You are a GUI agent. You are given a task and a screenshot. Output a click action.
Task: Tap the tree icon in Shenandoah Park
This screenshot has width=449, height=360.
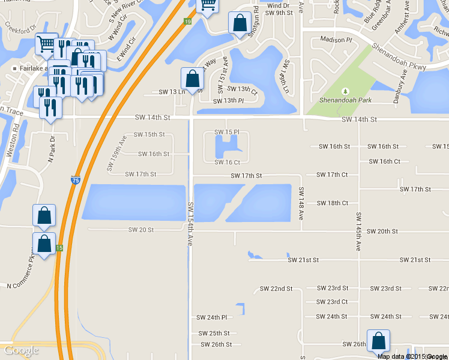click(345, 91)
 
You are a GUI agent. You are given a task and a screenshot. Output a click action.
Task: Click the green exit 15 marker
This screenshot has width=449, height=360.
click(59, 248)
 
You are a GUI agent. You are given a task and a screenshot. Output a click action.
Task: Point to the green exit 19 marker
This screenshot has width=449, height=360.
click(188, 22)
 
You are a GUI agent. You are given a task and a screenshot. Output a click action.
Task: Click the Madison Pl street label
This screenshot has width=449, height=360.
click(336, 40)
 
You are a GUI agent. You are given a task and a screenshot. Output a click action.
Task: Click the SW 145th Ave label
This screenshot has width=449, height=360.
click(358, 231)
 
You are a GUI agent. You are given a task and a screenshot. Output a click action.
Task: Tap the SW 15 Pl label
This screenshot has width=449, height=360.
click(228, 131)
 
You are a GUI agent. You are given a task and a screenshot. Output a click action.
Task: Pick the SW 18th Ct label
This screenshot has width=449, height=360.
click(333, 203)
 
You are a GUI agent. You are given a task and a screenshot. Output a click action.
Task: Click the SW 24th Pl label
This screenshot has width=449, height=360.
click(212, 317)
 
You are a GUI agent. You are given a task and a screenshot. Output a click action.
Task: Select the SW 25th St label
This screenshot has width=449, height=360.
click(214, 334)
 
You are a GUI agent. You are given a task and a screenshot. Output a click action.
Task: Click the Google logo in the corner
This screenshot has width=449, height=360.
click(21, 351)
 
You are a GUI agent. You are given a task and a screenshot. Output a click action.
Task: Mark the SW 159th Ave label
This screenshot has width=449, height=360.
click(116, 154)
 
